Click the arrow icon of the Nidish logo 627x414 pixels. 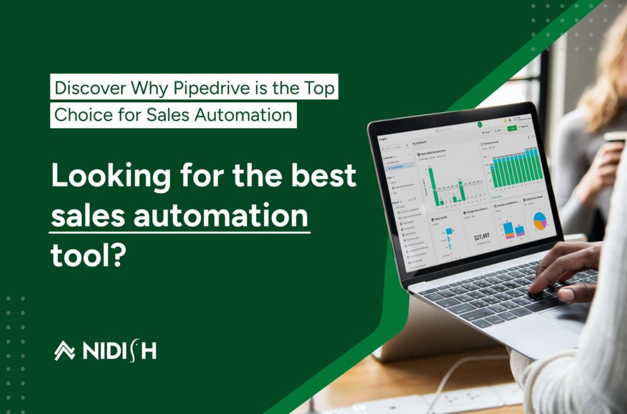pos(64,350)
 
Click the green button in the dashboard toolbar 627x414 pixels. pos(511,128)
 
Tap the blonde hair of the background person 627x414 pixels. pos(603,73)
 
